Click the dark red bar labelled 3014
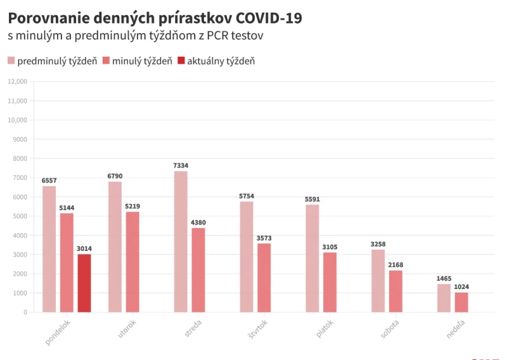84,283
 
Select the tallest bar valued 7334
181,241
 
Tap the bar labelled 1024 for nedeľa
461,302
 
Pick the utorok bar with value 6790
115,247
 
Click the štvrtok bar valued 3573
264,278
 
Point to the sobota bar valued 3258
378,281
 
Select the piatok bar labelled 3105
330,282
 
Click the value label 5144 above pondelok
67,208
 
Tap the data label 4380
198,222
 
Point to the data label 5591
312,199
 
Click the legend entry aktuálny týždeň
215,61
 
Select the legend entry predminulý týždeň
52,61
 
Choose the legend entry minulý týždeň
136,61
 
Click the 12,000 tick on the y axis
17,82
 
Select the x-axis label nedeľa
456,328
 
